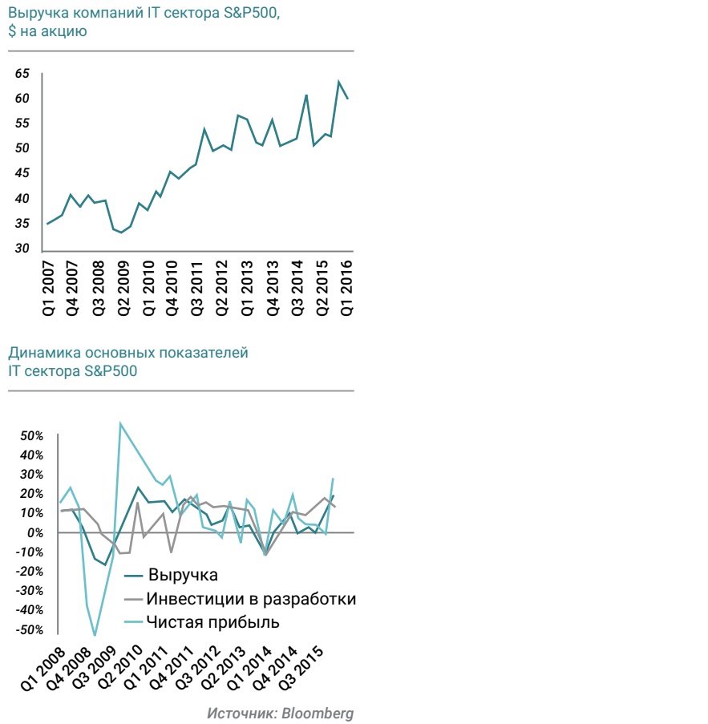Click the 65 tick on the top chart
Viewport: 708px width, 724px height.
pos(22,74)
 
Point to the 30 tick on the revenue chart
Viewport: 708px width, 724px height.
pos(22,249)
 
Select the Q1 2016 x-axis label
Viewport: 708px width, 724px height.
pos(348,287)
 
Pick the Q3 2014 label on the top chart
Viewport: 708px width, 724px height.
pos(298,287)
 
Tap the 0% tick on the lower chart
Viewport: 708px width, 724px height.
pos(34,533)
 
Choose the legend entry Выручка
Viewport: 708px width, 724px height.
pos(183,575)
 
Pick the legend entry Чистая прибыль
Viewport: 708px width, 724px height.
pos(214,622)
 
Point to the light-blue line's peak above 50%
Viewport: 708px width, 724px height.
pos(120,423)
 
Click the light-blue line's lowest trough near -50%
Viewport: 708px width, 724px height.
pos(95,635)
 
